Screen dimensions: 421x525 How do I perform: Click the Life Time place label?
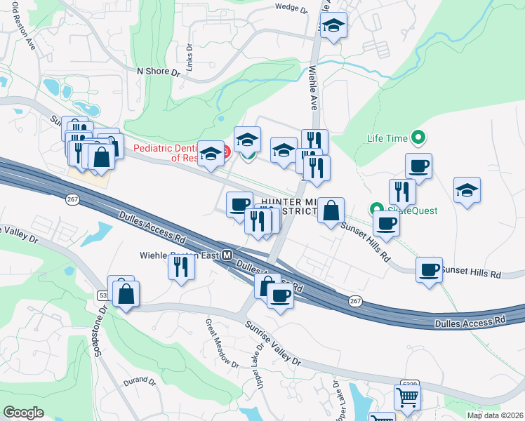pos(386,138)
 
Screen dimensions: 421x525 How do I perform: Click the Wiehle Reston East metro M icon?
pos(227,257)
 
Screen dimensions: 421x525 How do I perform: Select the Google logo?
pos(23,413)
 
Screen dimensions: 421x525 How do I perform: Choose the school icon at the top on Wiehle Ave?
pos(335,26)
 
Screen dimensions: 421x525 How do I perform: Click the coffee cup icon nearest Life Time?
pos(418,166)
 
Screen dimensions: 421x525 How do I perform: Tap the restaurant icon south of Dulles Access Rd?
pos(182,266)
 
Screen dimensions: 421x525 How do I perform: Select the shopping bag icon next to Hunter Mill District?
pos(331,209)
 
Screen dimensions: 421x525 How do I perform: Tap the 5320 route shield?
pos(409,384)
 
